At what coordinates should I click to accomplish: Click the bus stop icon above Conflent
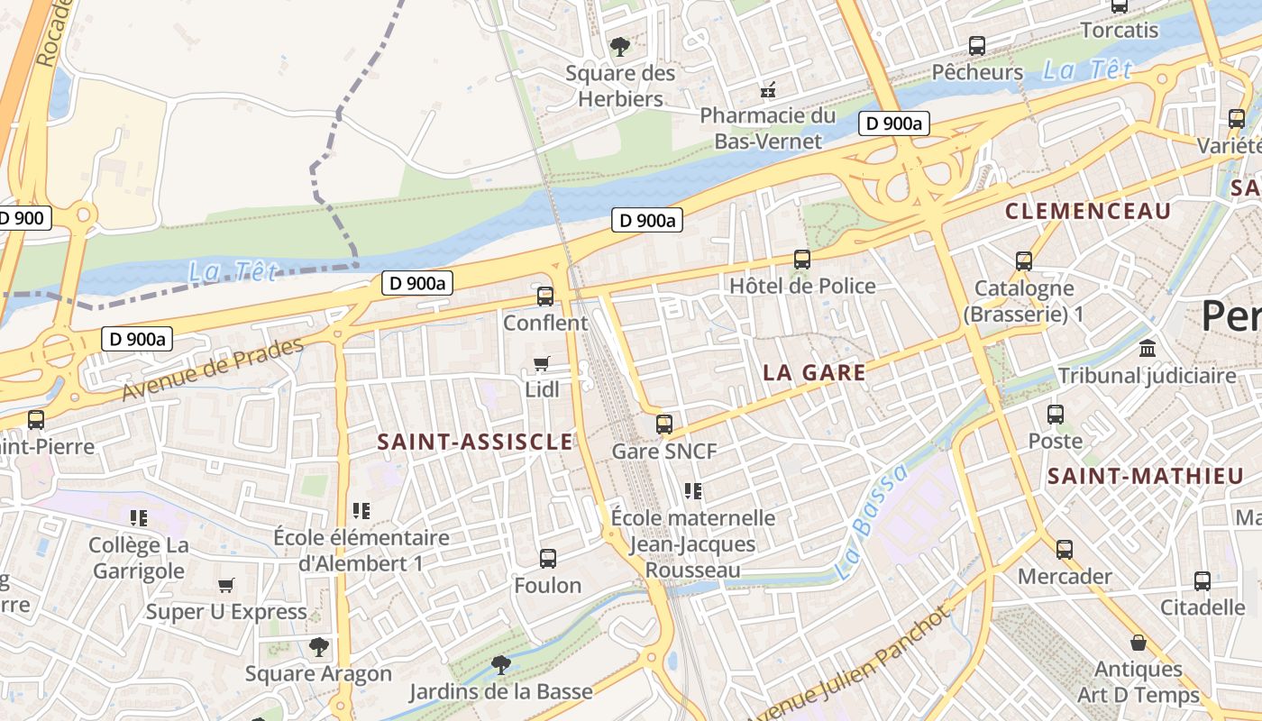(545, 296)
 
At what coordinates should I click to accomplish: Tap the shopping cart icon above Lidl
(541, 363)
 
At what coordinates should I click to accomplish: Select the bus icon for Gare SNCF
(664, 424)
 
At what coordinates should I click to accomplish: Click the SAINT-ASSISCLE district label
(474, 442)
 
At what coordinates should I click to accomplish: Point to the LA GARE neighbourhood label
(814, 372)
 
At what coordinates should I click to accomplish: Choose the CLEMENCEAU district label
(1088, 212)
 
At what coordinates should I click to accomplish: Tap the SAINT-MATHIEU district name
(1145, 477)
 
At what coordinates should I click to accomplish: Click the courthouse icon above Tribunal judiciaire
(1148, 348)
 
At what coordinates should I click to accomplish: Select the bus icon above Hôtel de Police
(802, 260)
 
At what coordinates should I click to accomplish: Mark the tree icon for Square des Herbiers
(619, 45)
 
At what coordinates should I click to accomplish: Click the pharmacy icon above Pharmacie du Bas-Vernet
(768, 89)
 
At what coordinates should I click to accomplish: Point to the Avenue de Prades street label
(213, 370)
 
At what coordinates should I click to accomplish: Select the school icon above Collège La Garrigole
(139, 517)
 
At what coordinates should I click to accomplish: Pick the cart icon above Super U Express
(226, 585)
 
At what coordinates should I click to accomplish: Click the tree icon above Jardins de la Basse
(500, 665)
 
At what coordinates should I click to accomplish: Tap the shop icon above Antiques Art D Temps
(1139, 643)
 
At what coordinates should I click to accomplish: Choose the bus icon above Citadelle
(1203, 580)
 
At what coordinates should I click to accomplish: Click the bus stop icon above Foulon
(548, 558)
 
